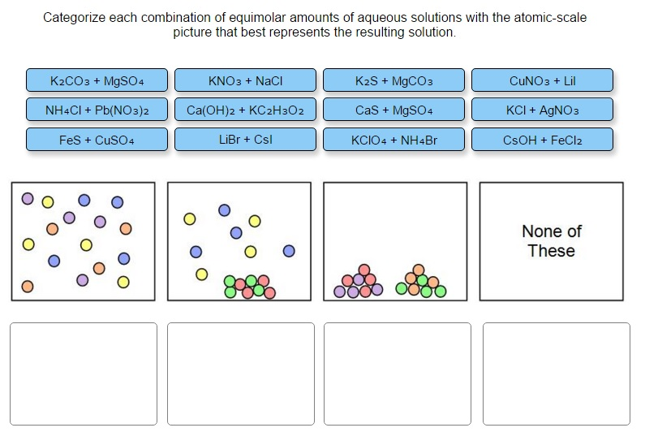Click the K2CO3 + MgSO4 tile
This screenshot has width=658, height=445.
97,81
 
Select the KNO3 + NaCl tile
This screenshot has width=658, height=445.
245,81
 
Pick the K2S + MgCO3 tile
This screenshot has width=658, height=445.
394,81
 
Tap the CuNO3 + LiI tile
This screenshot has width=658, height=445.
542,81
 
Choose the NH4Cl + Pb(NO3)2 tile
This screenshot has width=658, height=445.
97,110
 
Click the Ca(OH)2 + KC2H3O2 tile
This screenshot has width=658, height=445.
245,110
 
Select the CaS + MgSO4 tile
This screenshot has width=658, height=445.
394,110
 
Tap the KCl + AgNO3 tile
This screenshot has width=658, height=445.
542,110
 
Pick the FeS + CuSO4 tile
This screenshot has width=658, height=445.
97,140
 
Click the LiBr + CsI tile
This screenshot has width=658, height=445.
245,139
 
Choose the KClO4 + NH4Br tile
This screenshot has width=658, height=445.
394,140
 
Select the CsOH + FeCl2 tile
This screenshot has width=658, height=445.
542,140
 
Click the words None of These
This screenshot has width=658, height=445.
551,241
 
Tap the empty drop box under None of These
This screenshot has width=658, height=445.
556,374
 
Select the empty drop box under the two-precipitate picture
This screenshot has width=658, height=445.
397,374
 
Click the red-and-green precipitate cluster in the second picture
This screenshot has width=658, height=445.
250,285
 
